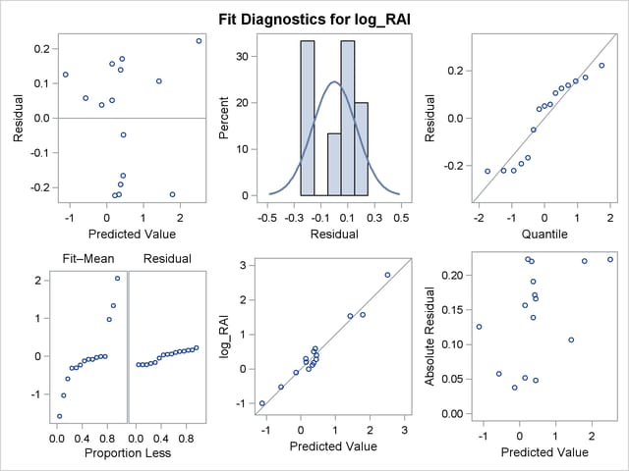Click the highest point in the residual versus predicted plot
tap(199, 41)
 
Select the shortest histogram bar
tap(334, 164)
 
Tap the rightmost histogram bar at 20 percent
tap(362, 148)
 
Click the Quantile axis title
tap(531, 235)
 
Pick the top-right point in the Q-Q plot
tap(601, 66)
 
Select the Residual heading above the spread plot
tap(166, 259)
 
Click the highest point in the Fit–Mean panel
tap(118, 278)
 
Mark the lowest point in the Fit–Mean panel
tap(59, 416)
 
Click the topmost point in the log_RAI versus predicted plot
tap(387, 275)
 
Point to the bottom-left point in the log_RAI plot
tap(262, 403)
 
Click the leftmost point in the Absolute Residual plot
tap(479, 327)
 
